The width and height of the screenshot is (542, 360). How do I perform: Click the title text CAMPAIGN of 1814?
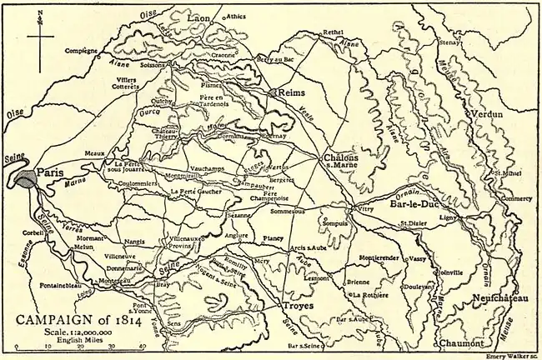[x=75, y=317]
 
